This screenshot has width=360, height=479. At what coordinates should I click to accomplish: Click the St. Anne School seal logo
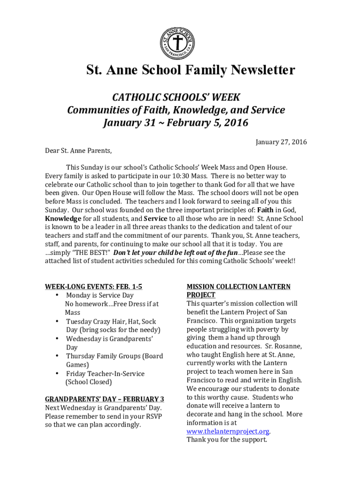(177, 43)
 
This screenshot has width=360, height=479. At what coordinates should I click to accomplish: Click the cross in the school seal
(177, 43)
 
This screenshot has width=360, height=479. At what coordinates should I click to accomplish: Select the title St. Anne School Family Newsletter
(191, 70)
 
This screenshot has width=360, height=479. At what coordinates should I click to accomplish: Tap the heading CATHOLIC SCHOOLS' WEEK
(176, 97)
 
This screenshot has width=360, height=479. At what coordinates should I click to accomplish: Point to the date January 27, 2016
(281, 142)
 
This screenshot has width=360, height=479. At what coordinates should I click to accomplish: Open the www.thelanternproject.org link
(228, 431)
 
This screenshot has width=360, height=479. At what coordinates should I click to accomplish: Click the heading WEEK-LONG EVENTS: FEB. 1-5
(94, 287)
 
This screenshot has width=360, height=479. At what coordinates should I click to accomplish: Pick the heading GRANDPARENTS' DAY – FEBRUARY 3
(104, 399)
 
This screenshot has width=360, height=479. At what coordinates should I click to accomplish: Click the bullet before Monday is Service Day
(57, 295)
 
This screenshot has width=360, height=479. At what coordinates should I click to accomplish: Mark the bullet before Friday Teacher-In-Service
(57, 373)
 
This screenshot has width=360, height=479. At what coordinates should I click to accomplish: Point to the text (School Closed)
(89, 382)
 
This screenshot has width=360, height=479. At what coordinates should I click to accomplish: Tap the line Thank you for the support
(227, 440)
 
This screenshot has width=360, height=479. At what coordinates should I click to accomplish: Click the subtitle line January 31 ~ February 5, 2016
(176, 123)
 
